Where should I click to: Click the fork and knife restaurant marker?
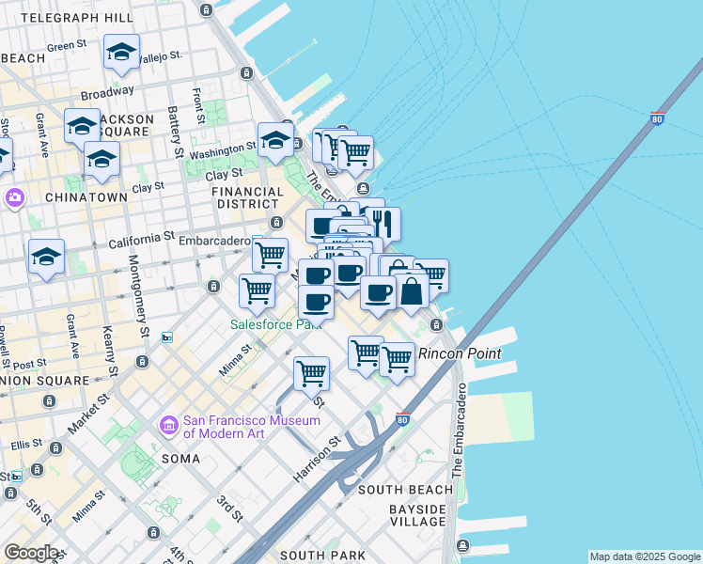point(383,223)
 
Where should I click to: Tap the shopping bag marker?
point(411,290)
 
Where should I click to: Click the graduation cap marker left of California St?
point(46,257)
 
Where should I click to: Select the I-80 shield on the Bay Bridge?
point(657,119)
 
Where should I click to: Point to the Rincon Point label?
point(460,353)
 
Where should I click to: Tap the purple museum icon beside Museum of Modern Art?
point(168,426)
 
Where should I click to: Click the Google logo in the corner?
point(31,553)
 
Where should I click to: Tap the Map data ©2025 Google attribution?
point(644,556)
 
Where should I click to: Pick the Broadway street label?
point(106,93)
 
